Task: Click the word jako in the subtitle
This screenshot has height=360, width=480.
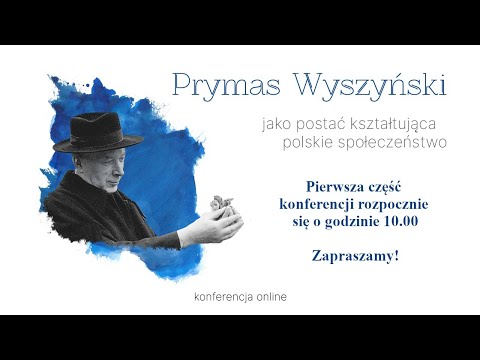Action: [x=276, y=126]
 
